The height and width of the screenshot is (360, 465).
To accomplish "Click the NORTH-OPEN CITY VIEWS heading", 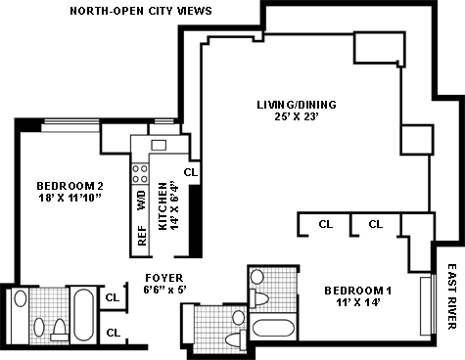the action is (141, 11).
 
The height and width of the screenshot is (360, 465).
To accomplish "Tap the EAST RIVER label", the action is (451, 296).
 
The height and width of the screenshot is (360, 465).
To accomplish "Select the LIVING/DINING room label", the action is (297, 105).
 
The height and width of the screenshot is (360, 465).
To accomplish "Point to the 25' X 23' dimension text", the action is (297, 116).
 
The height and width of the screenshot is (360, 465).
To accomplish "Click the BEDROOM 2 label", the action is (70, 186).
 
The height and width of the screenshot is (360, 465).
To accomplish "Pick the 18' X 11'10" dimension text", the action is (70, 198).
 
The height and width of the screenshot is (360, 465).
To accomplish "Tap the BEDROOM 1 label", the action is (358, 291).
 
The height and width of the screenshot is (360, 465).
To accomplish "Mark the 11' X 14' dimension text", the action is (358, 302).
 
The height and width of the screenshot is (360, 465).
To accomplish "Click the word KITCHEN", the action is (163, 206).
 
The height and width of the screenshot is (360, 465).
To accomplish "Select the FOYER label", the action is (164, 278).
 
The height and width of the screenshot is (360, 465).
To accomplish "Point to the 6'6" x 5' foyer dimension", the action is (164, 290).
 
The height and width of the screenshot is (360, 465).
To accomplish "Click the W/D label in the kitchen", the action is (142, 201).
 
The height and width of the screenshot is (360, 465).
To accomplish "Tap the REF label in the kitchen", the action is (142, 236).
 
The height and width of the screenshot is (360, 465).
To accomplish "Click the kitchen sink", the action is (159, 145).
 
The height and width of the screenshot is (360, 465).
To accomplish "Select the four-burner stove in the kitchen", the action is (140, 173).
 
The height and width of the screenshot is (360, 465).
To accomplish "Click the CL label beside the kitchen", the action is (191, 172).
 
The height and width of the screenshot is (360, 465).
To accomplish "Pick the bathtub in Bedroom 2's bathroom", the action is (83, 314).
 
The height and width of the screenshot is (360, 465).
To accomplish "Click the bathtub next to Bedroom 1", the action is (273, 328).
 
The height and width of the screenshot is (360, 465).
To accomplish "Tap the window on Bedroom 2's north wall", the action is (71, 126).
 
